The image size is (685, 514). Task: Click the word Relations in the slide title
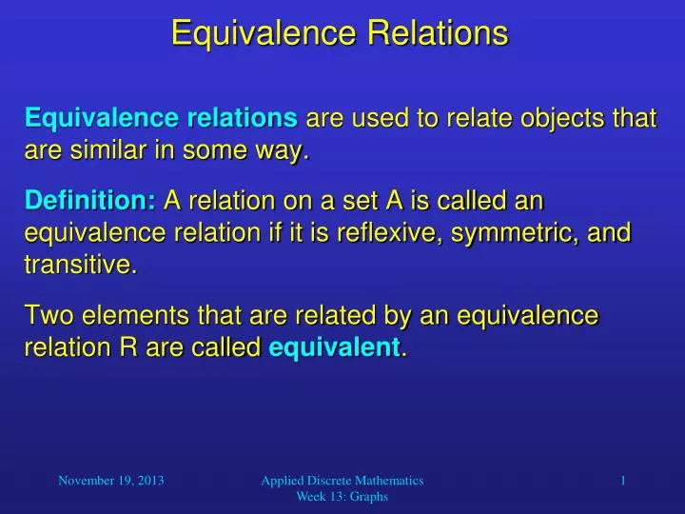pyautogui.click(x=444, y=33)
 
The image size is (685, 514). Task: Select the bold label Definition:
pyautogui.click(x=90, y=201)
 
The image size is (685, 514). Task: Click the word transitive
pyautogui.click(x=79, y=266)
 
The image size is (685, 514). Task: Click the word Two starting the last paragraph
pyautogui.click(x=48, y=316)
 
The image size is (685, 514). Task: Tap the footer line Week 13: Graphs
pyautogui.click(x=342, y=498)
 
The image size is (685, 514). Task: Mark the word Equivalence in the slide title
pyautogui.click(x=250, y=33)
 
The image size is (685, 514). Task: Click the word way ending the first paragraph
pyautogui.click(x=282, y=150)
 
